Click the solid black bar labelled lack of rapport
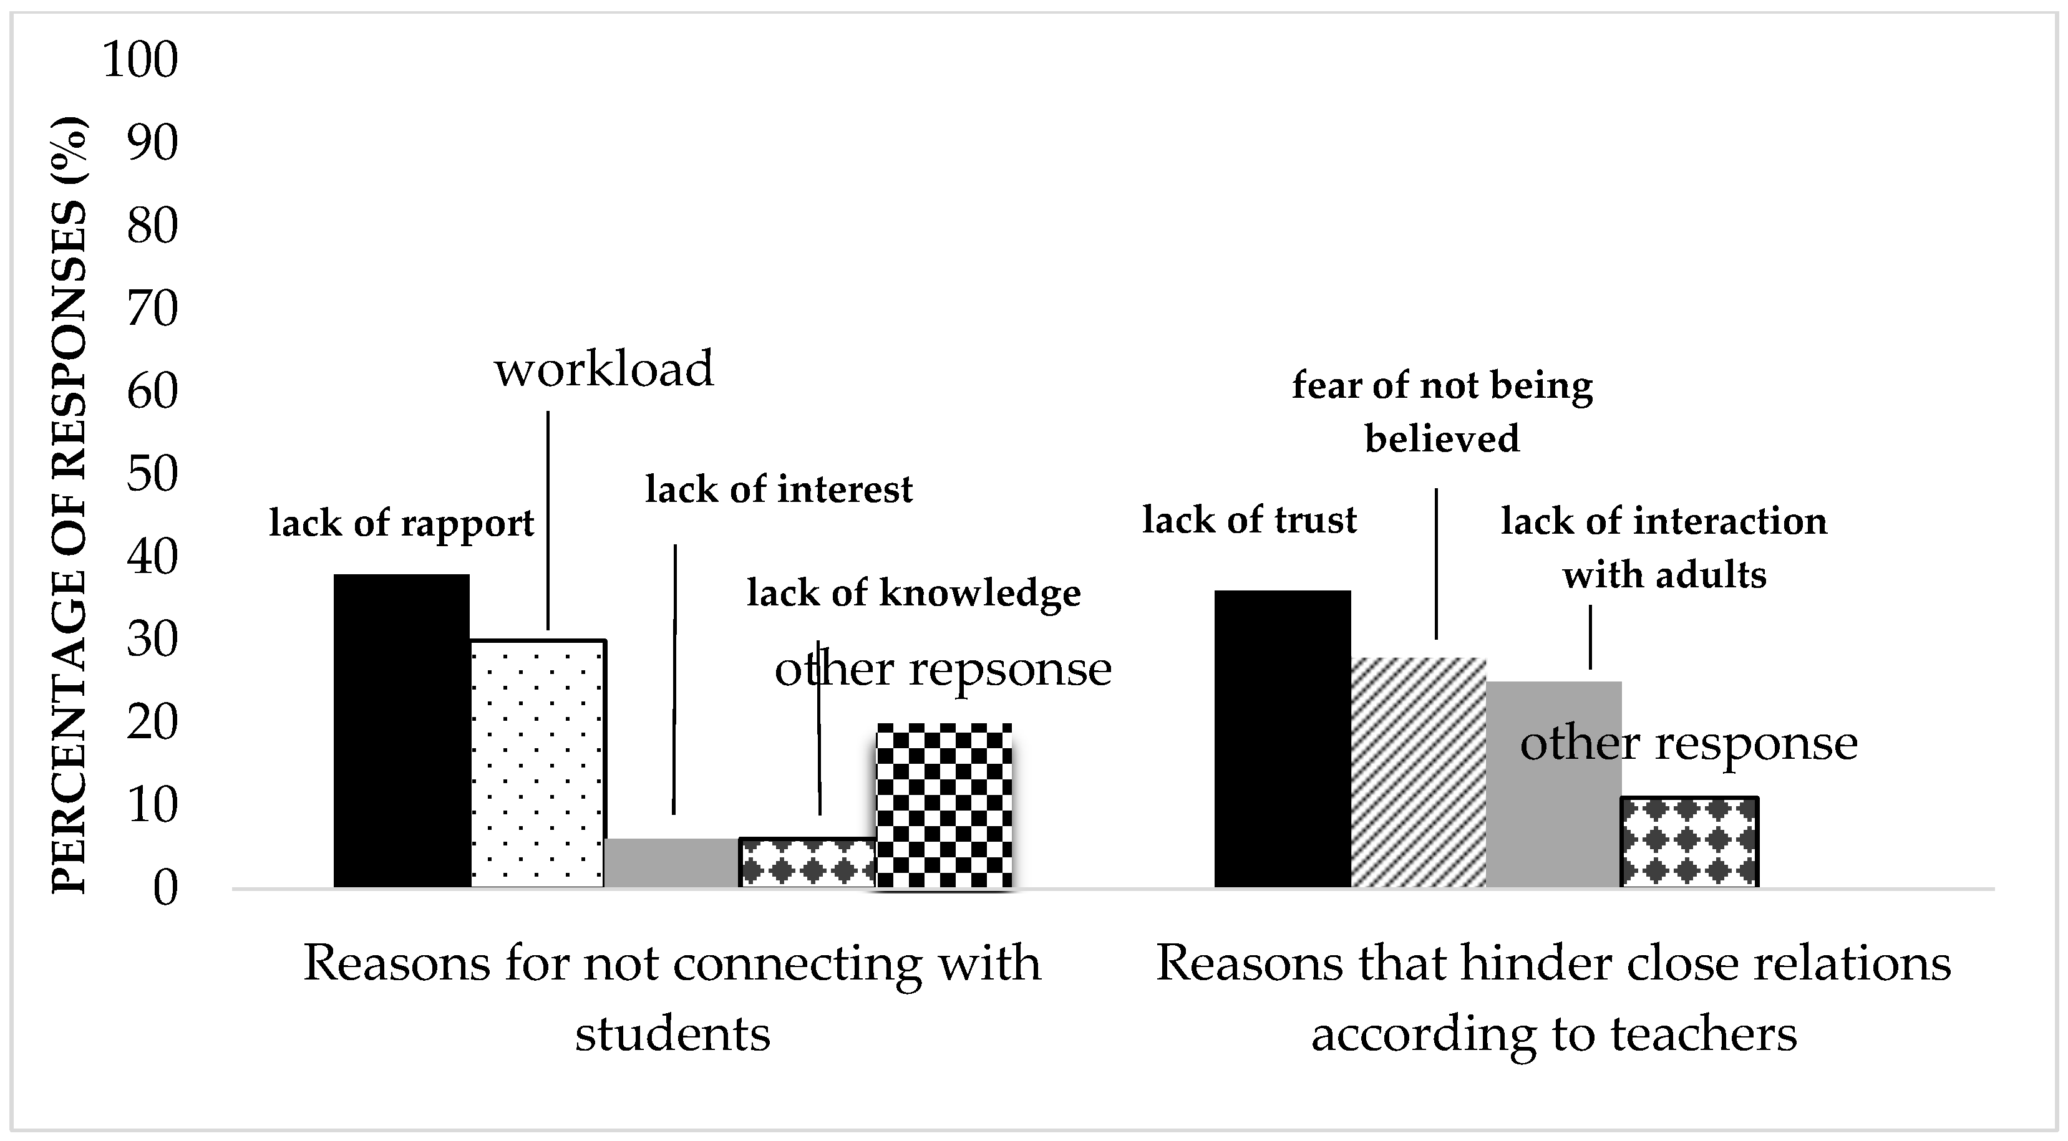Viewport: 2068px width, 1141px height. pyautogui.click(x=401, y=730)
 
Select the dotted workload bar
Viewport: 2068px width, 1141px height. pyautogui.click(x=537, y=763)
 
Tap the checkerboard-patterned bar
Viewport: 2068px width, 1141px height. pyautogui.click(x=943, y=806)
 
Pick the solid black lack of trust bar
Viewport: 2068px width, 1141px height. pyautogui.click(x=1282, y=738)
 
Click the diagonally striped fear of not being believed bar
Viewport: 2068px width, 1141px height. pyautogui.click(x=1419, y=772)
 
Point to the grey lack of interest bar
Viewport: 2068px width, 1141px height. pyautogui.click(x=671, y=862)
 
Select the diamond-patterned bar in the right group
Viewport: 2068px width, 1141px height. pyautogui.click(x=1690, y=842)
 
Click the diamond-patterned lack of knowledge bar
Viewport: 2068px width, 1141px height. pyautogui.click(x=807, y=862)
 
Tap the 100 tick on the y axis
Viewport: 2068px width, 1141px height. pyautogui.click(x=140, y=60)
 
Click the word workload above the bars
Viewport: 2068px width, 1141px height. pyautogui.click(x=604, y=369)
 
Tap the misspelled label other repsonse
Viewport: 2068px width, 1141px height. pyautogui.click(x=943, y=668)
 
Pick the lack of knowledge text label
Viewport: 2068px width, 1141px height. pyautogui.click(x=913, y=594)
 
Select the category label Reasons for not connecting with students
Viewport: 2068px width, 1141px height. pyautogui.click(x=672, y=998)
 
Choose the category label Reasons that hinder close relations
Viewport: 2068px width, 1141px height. pyautogui.click(x=1553, y=998)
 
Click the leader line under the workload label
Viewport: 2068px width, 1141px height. pyautogui.click(x=548, y=521)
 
